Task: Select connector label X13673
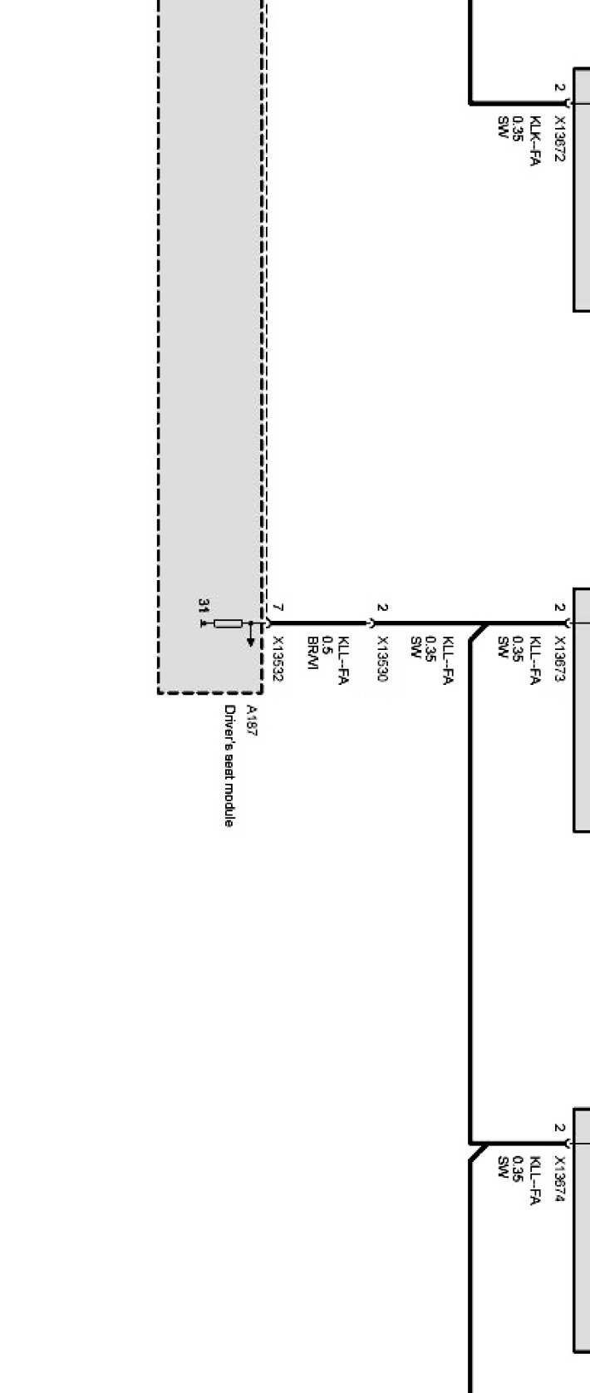[559, 659]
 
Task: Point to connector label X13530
[382, 659]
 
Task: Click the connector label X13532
[278, 659]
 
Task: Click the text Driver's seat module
[229, 765]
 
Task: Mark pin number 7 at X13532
[278, 608]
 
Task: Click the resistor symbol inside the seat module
[228, 623]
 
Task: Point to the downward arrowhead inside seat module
[251, 641]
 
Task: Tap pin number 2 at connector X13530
[382, 608]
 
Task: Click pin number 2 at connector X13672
[559, 87]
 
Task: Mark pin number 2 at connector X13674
[559, 1129]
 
